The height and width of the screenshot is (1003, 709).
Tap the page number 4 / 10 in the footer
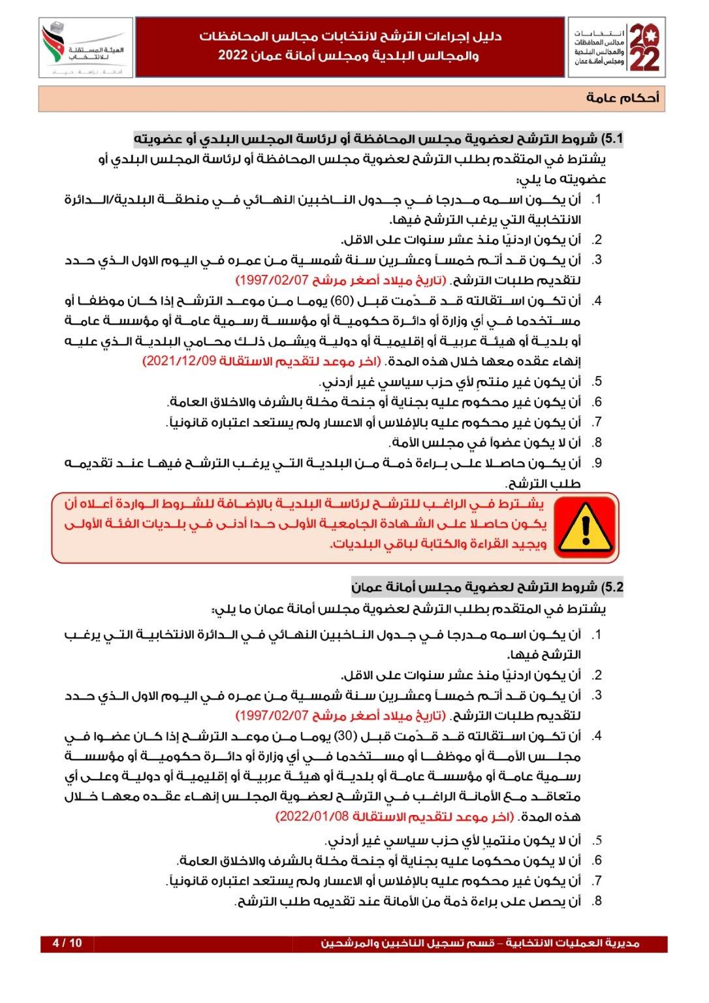[x=67, y=943]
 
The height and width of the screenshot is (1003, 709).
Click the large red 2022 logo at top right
[x=642, y=48]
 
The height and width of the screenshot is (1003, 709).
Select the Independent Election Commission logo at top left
[x=85, y=48]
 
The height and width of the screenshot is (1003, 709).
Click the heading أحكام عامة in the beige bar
[x=622, y=98]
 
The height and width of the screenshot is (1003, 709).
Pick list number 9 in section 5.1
[x=596, y=463]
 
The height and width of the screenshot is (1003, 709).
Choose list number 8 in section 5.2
[x=596, y=901]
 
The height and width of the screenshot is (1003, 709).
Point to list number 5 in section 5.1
[x=596, y=382]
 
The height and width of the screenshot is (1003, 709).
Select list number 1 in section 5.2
[x=596, y=635]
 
